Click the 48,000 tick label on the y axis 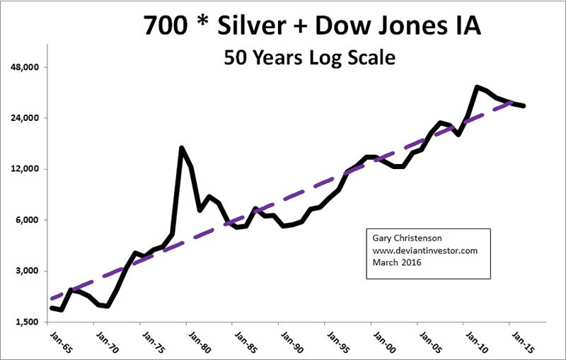(x=25, y=67)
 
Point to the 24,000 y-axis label (x=25, y=118)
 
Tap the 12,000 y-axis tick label (x=25, y=169)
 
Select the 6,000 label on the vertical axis (x=28, y=220)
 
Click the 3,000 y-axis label (x=28, y=271)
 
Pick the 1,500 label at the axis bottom (x=28, y=322)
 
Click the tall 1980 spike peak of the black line (x=182, y=148)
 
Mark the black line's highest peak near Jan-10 (x=478, y=86)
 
